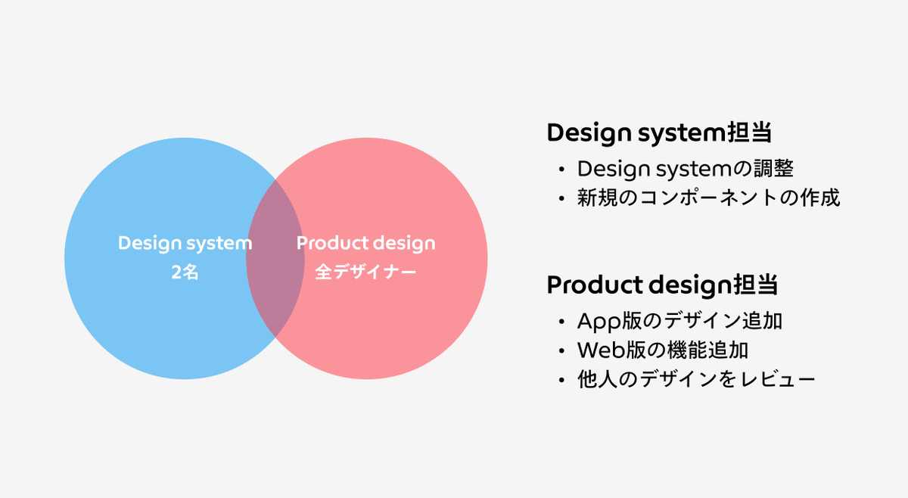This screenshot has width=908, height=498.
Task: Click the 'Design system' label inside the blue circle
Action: click(x=185, y=243)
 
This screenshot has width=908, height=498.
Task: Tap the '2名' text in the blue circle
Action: click(x=185, y=272)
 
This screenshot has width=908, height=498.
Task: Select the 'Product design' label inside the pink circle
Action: click(x=366, y=243)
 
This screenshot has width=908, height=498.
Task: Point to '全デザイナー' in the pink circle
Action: click(x=365, y=272)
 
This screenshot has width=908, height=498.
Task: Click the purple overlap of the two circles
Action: click(x=275, y=258)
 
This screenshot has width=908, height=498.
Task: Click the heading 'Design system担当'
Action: click(x=659, y=132)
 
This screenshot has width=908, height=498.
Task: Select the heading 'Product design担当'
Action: click(x=662, y=285)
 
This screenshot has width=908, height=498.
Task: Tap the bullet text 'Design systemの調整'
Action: click(x=685, y=169)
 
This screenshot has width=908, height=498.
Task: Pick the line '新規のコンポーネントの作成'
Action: click(x=708, y=198)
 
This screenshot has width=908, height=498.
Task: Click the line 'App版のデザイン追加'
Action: click(x=679, y=321)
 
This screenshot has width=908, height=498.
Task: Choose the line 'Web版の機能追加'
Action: click(x=663, y=350)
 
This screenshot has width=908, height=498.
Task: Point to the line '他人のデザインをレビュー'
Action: click(x=696, y=380)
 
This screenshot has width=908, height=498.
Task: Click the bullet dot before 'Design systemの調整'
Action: click(x=561, y=170)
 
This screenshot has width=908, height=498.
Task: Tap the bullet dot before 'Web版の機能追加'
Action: click(x=561, y=350)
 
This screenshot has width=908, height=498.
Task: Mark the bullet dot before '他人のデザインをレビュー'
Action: click(x=561, y=380)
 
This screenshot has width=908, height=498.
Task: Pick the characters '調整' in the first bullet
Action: click(x=773, y=168)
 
